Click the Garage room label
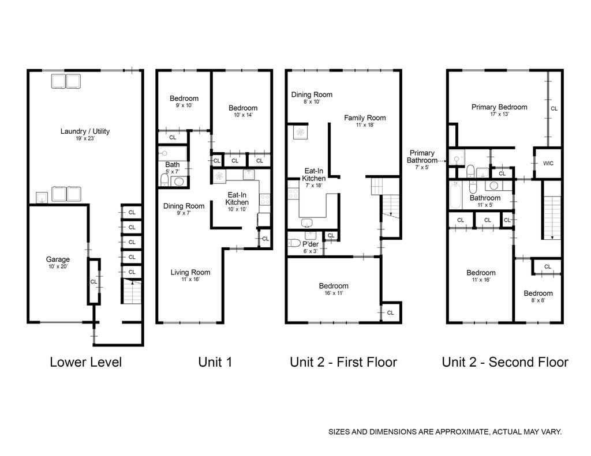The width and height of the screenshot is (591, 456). tap(58, 259)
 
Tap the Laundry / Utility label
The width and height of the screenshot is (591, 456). tap(85, 131)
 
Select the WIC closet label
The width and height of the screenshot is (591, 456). tap(548, 163)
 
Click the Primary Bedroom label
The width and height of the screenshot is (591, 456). tap(499, 107)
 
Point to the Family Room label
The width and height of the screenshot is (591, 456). tap(365, 118)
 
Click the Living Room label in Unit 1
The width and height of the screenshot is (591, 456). tap(190, 272)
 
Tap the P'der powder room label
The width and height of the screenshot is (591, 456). tap(311, 244)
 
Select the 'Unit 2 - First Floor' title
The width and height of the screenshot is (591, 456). tap(343, 362)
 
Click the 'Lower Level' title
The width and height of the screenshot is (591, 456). tap(85, 362)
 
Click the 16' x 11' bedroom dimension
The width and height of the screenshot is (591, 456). tap(334, 293)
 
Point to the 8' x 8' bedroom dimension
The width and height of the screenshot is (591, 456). tap(538, 300)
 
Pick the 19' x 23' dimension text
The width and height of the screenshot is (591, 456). tap(85, 138)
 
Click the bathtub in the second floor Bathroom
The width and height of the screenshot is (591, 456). tap(455, 195)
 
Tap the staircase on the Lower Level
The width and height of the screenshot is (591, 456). tap(131, 291)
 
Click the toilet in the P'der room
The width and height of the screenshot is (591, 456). tap(294, 243)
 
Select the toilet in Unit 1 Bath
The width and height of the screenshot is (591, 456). tap(164, 180)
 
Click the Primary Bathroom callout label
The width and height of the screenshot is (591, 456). tap(422, 156)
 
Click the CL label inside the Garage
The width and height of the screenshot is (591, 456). tap(93, 282)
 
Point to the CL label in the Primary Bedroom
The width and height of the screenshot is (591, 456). tap(554, 109)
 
